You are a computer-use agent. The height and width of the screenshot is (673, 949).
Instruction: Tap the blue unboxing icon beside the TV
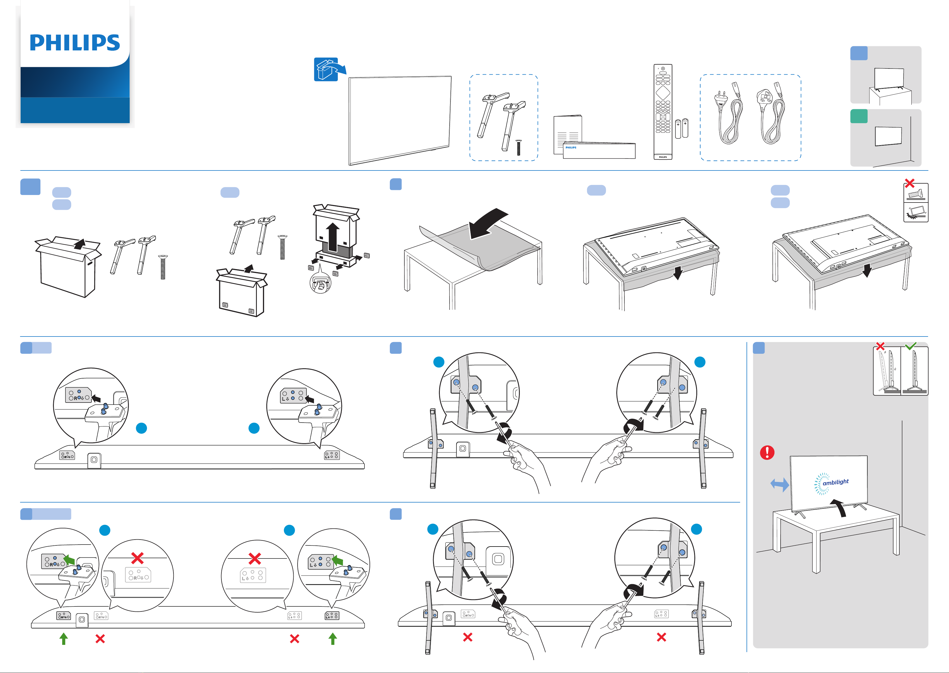(327, 69)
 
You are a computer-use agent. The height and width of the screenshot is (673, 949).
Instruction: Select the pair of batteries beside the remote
(682, 128)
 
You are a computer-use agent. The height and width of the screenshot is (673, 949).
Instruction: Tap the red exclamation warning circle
(767, 452)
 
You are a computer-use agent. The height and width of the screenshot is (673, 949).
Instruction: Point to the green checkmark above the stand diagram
(911, 346)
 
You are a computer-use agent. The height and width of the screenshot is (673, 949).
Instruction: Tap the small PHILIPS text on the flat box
(571, 148)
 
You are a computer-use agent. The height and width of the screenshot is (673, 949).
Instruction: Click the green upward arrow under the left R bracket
(64, 639)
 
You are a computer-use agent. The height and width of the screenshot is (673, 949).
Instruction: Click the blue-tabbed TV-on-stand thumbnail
(885, 75)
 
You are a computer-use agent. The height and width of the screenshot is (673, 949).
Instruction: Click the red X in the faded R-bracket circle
(137, 558)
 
